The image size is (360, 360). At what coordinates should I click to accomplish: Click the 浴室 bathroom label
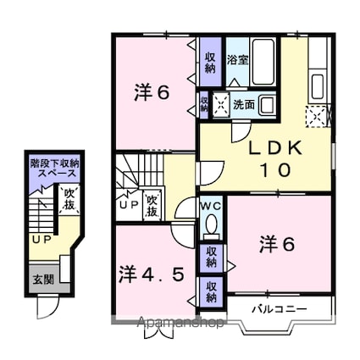point(237,60)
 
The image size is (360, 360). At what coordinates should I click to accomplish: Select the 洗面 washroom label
point(243,105)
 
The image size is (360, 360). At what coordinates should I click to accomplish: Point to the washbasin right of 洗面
point(266,105)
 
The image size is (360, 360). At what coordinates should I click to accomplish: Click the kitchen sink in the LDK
point(319,86)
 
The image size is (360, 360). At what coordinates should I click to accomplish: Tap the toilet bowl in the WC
point(212,224)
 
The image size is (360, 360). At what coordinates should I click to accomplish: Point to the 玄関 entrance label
point(42,278)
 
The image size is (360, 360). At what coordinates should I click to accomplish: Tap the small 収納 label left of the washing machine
point(204,104)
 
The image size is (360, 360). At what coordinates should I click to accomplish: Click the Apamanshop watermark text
point(172,322)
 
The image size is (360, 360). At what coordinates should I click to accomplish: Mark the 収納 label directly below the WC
point(210,257)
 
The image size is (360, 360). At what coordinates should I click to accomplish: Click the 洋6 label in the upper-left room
point(153,93)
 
